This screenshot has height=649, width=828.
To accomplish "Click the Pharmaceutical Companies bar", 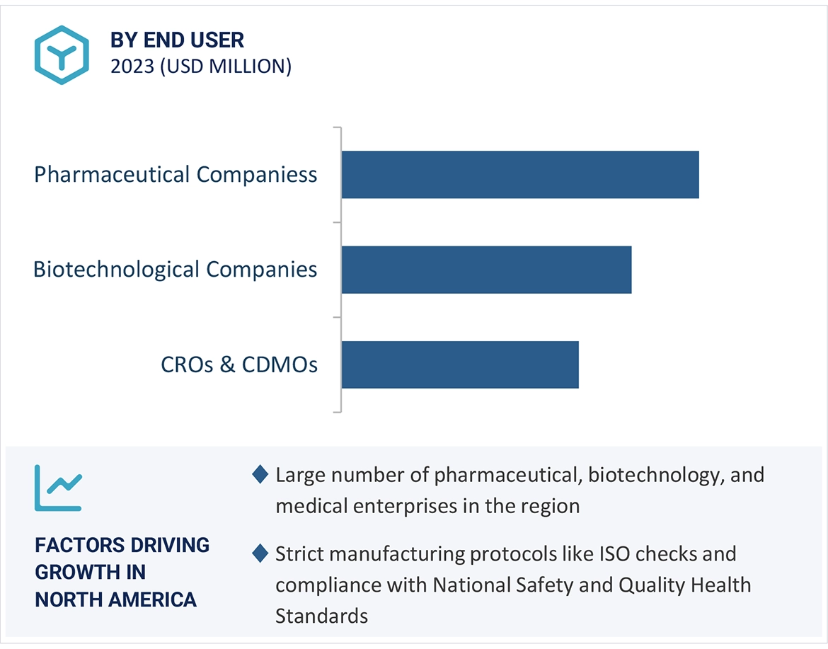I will click(x=519, y=175).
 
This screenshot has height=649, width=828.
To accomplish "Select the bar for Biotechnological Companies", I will click(x=486, y=270).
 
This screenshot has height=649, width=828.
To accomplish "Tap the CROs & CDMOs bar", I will click(x=460, y=364).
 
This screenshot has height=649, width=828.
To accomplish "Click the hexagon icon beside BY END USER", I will click(x=62, y=54).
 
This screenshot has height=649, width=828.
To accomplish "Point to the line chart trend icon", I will click(x=59, y=488).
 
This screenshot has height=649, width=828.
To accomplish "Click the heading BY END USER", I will click(x=177, y=40).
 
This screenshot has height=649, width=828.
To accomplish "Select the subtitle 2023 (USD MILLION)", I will click(x=200, y=67).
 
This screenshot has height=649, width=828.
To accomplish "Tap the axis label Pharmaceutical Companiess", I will click(x=176, y=175).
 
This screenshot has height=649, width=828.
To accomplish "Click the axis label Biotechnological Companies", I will click(x=176, y=270).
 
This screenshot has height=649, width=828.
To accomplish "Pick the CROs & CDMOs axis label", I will click(x=239, y=364).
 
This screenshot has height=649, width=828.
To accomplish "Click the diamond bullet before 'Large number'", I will click(x=260, y=474).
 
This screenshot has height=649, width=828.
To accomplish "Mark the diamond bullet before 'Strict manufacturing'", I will click(x=260, y=553).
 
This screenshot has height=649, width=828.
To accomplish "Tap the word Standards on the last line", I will click(x=321, y=616).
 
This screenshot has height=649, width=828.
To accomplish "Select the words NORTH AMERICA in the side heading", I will click(x=116, y=600).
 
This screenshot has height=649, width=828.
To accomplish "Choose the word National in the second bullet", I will click(x=468, y=585).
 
